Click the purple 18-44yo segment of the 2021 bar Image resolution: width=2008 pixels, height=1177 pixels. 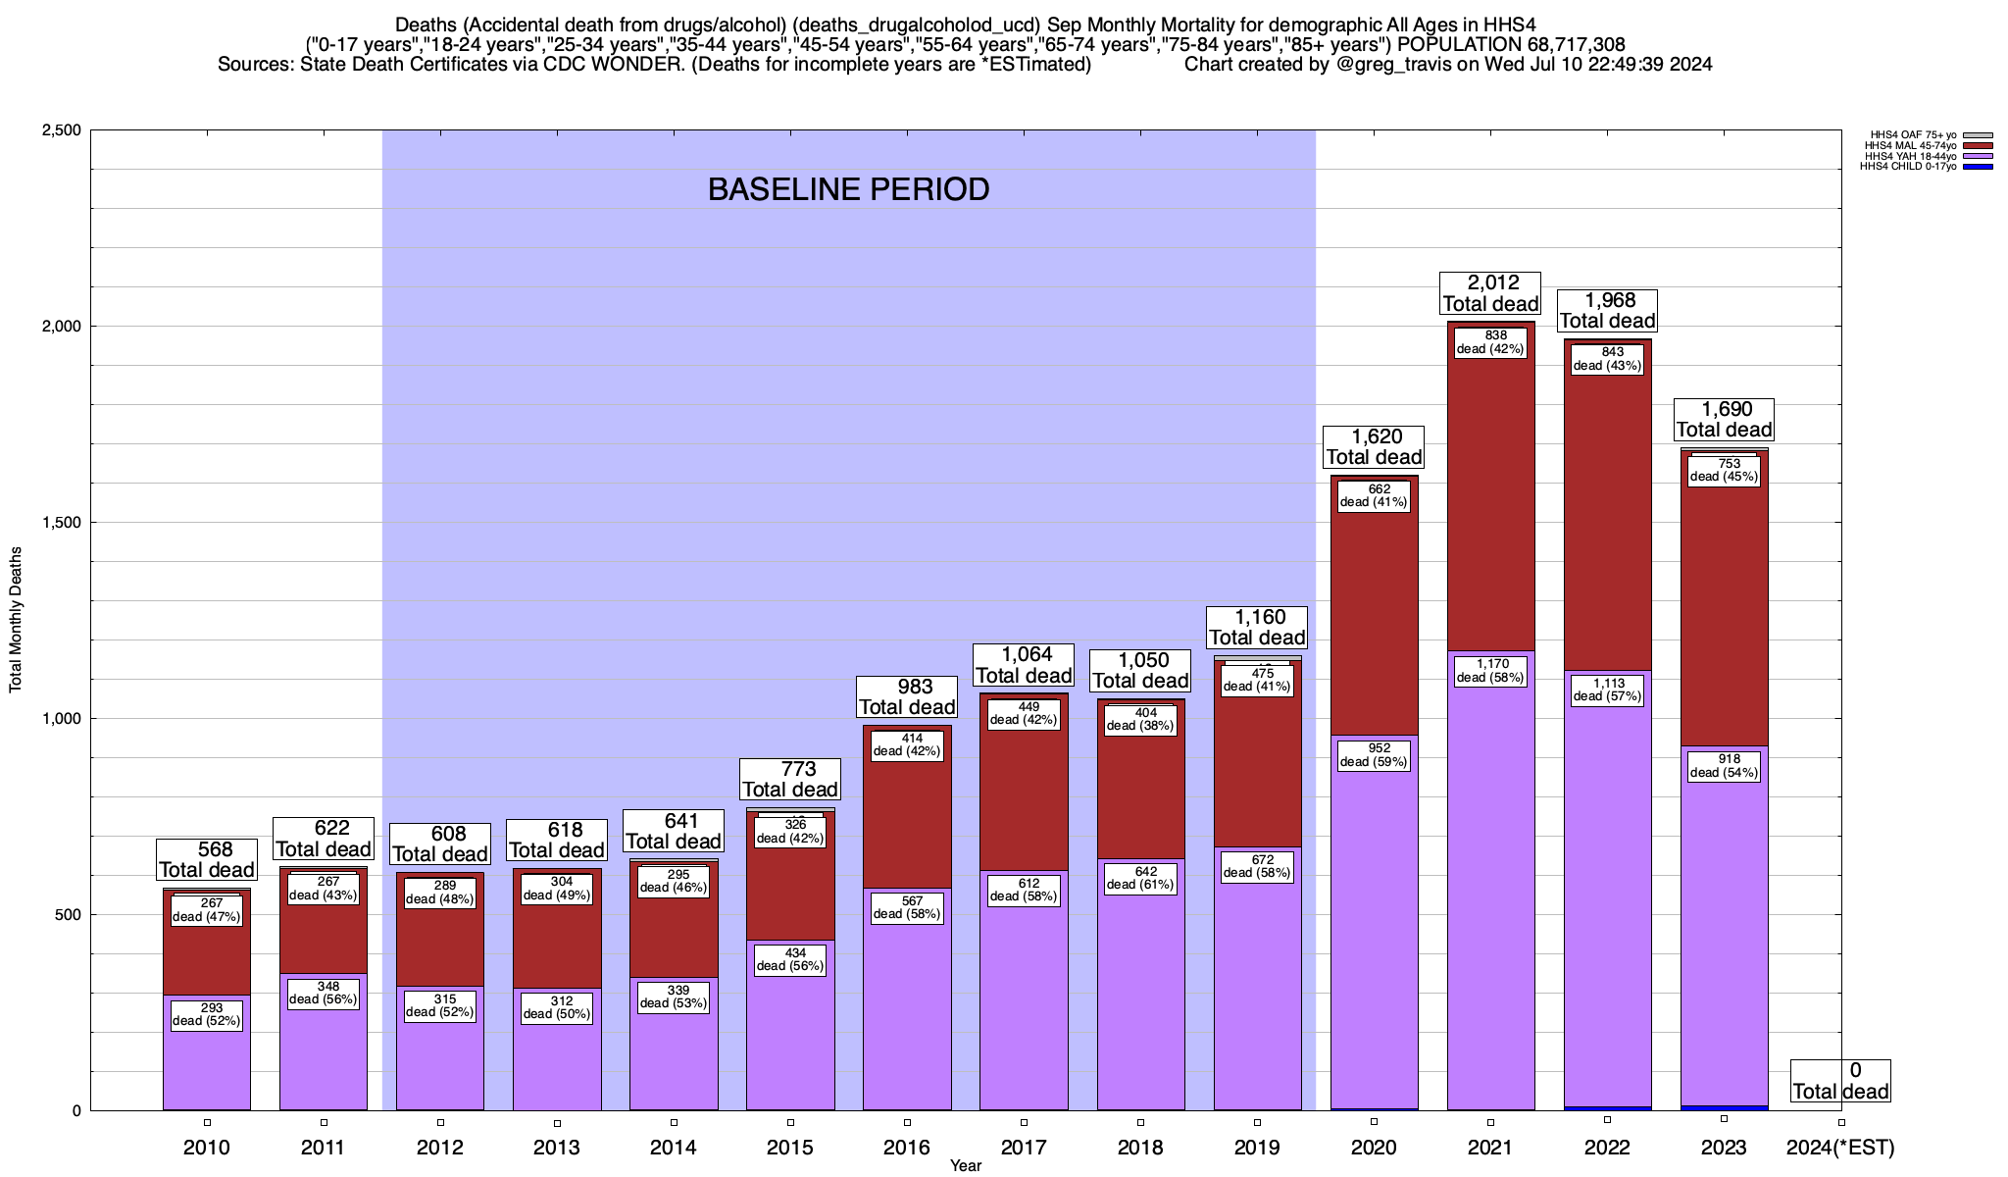tap(1490, 883)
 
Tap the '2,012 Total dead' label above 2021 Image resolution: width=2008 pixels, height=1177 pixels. tap(1490, 293)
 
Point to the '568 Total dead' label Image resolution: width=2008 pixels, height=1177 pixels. tap(207, 859)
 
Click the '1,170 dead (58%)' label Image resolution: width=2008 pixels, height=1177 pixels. tap(1490, 671)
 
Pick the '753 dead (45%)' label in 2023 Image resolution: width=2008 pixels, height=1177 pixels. tap(1724, 470)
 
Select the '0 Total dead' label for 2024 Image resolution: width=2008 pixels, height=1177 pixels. tap(1840, 1081)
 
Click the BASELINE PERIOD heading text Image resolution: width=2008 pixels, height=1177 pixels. tap(848, 189)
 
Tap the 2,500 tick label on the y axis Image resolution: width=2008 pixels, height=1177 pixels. tap(60, 130)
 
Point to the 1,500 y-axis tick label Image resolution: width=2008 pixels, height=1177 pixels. tap(60, 523)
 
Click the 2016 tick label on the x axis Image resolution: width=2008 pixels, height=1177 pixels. tap(907, 1148)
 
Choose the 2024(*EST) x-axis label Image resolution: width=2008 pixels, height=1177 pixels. tap(1840, 1148)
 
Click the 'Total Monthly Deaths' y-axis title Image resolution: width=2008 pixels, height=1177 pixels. tap(16, 619)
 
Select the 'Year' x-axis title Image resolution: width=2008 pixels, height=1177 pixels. tap(966, 1166)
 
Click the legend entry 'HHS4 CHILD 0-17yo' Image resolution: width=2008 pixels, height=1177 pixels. tap(1907, 167)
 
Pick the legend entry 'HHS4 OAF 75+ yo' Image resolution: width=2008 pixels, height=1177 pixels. tap(1912, 134)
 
